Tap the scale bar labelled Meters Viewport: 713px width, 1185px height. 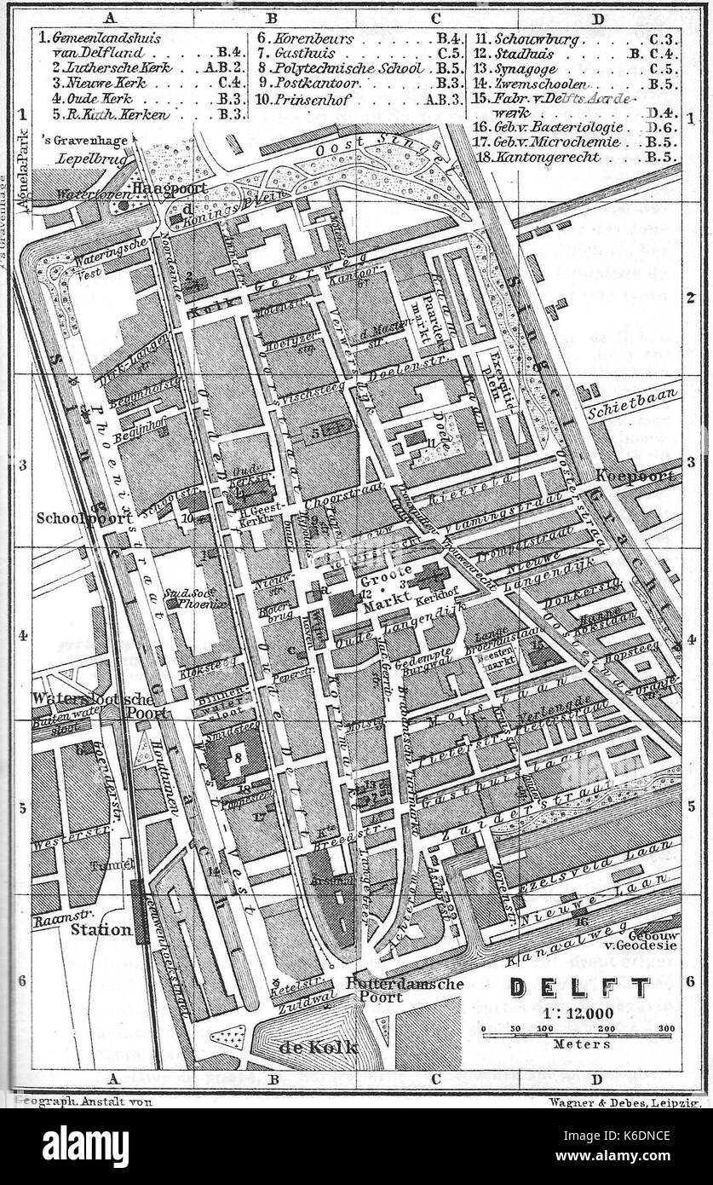(x=577, y=1034)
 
